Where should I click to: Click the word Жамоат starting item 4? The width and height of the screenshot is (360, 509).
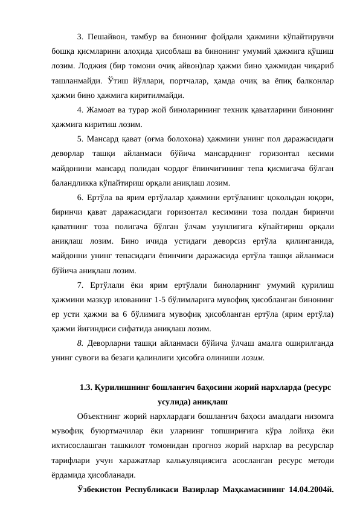point(106,111)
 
